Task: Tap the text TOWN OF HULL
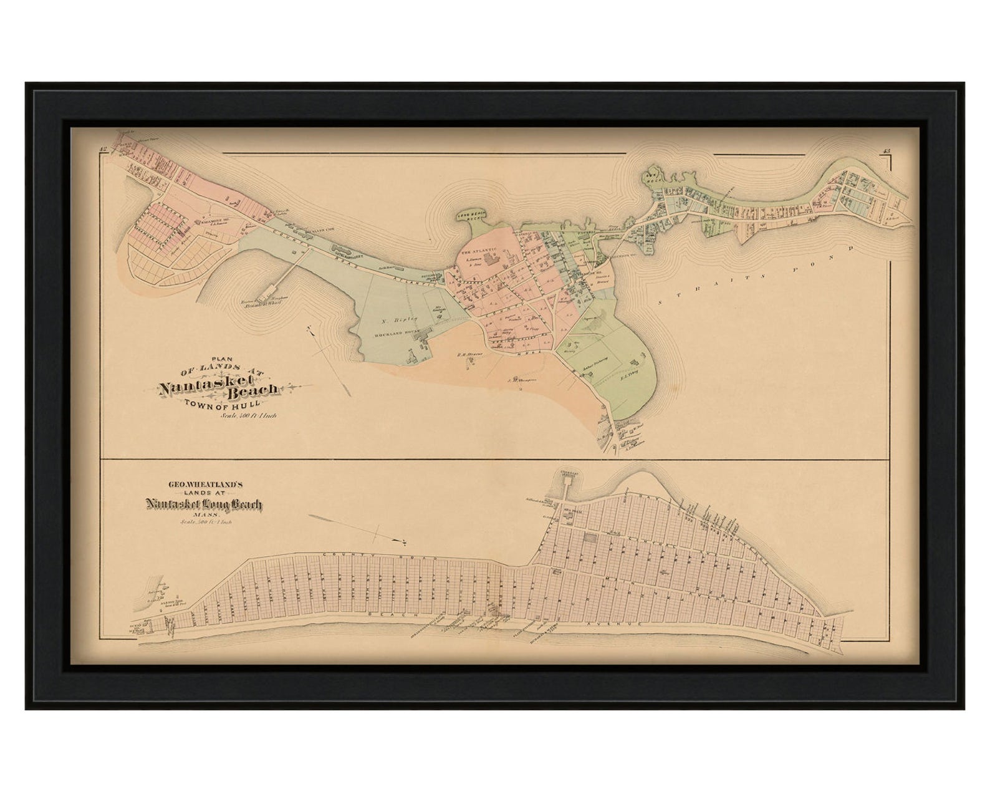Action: click(x=221, y=406)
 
